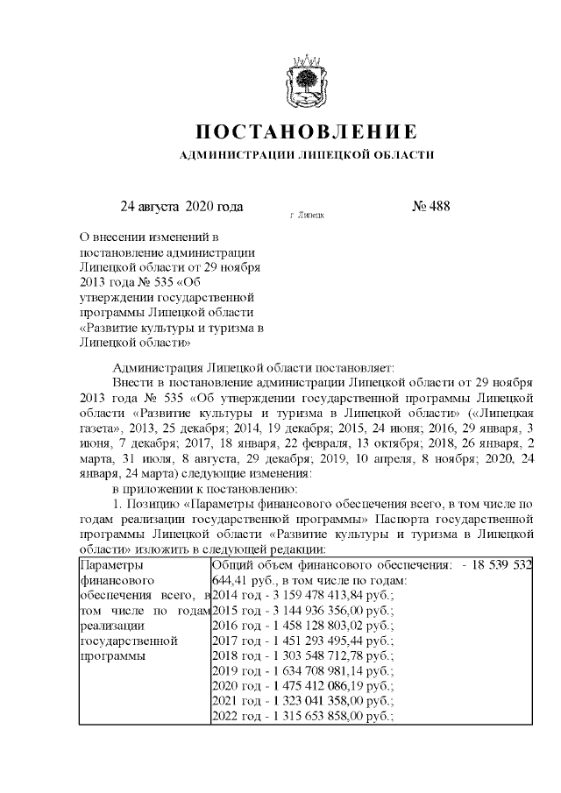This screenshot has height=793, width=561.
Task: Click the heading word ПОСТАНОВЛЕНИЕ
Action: pos(305,132)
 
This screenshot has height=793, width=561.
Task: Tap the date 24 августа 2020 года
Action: pos(181,208)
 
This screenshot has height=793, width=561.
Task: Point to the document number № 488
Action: pos(430,208)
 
